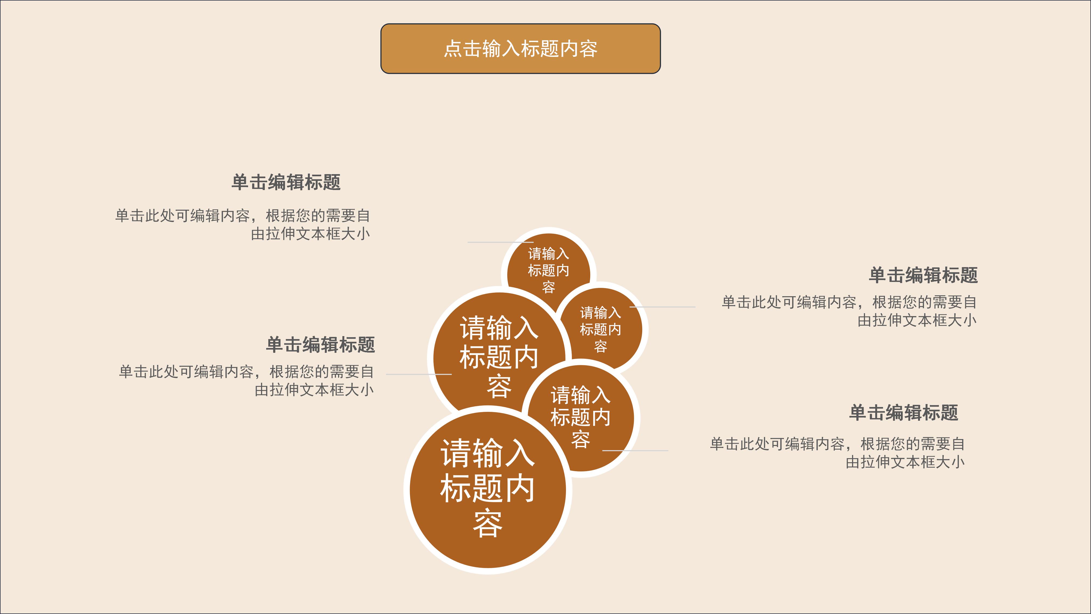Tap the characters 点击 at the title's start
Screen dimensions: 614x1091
tap(462, 49)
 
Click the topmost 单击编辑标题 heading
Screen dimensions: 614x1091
tap(286, 182)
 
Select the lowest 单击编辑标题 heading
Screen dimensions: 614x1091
tap(904, 413)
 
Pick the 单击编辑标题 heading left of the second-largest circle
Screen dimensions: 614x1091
tap(320, 344)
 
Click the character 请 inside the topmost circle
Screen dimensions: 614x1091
tap(535, 254)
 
